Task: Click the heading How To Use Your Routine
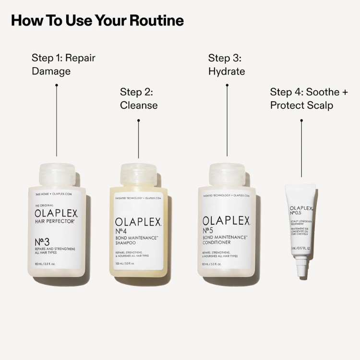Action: [97, 21]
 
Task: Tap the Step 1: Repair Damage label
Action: [63, 64]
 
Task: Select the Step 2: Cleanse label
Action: [139, 98]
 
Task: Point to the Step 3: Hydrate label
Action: [227, 64]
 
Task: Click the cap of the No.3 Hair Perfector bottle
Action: [57, 174]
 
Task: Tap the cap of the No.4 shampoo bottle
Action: [139, 176]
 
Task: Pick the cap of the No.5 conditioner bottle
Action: [227, 174]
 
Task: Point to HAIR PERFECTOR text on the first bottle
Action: [55, 221]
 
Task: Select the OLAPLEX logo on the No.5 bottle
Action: [227, 221]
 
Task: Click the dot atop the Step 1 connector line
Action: [57, 85]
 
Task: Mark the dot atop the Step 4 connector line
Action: [301, 120]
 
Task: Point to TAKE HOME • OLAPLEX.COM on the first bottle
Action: [53, 193]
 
